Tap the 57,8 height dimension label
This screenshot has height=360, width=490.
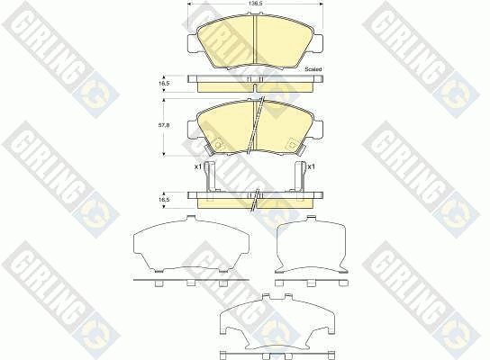[x=165, y=125]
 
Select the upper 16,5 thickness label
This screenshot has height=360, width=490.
[x=165, y=84]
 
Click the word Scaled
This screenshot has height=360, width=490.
[x=313, y=69]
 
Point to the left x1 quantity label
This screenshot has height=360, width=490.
[x=198, y=167]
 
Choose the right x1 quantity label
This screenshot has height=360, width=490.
[x=311, y=167]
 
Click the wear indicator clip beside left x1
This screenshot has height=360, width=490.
[x=209, y=175]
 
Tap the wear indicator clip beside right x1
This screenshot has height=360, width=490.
[x=300, y=175]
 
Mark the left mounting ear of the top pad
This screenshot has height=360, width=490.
[x=193, y=42]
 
